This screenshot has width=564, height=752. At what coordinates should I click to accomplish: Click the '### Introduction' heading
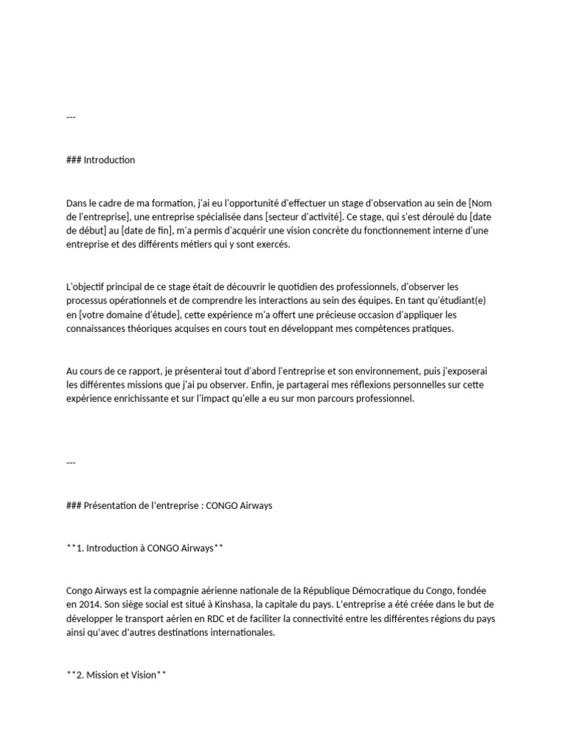click(101, 160)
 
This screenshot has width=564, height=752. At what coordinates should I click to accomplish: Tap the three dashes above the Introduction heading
click(70, 117)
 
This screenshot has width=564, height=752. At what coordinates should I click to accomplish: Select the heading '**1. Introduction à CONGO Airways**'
click(140, 549)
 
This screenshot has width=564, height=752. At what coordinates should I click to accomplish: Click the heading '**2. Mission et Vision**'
click(116, 675)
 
